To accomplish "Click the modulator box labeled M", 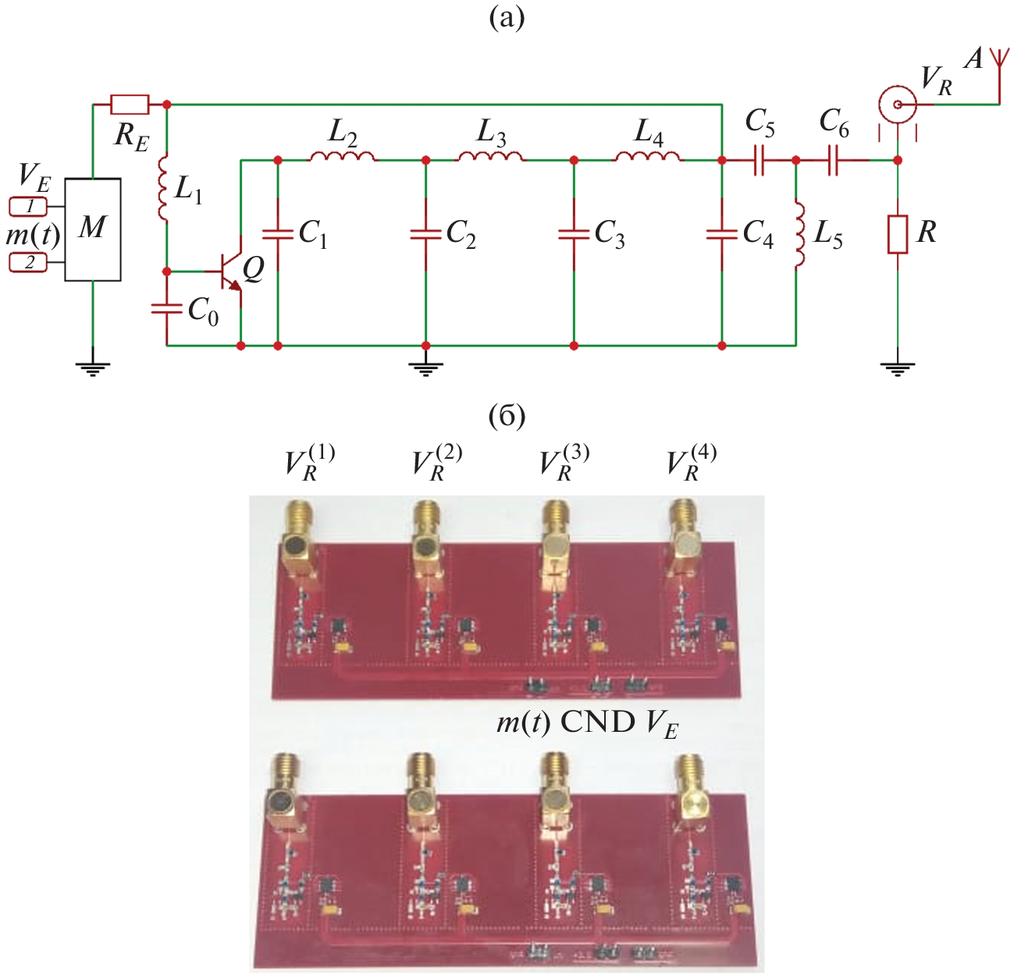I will pyautogui.click(x=92, y=229).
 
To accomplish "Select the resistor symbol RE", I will pyautogui.click(x=130, y=105).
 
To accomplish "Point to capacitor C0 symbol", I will pyautogui.click(x=166, y=309).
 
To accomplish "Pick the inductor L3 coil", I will pyautogui.click(x=490, y=158).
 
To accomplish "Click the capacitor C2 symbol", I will pyautogui.click(x=425, y=233).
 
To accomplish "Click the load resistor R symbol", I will pyautogui.click(x=898, y=234).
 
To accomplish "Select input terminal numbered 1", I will pyautogui.click(x=29, y=207).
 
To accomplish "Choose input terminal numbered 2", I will pyautogui.click(x=29, y=263).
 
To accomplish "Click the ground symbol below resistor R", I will pyautogui.click(x=898, y=367).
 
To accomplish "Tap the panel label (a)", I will pyautogui.click(x=507, y=17).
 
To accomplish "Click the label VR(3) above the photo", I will pyautogui.click(x=564, y=463).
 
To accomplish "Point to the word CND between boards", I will pyautogui.click(x=598, y=723).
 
